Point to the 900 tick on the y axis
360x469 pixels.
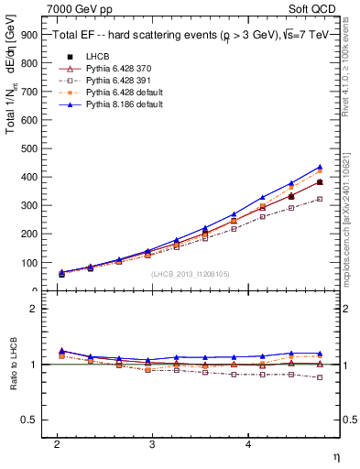[33, 36]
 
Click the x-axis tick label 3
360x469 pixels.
[152, 442]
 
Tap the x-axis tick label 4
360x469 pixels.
[248, 442]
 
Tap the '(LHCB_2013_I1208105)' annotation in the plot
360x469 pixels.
[189, 274]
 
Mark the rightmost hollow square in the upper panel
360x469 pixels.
[320, 199]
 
